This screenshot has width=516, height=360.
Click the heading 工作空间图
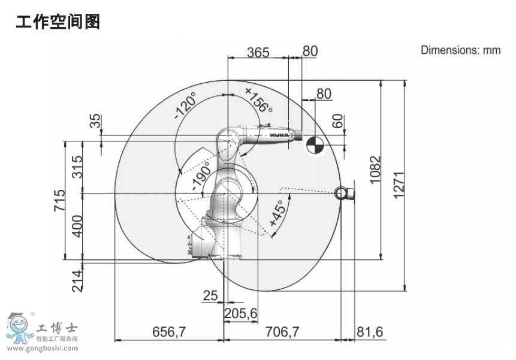click(58, 22)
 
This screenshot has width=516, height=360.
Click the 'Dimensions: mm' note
click(461, 50)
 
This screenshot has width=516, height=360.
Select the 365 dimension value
click(258, 52)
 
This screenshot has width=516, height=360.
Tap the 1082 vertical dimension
click(375, 170)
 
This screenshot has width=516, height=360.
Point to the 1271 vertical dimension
click(399, 184)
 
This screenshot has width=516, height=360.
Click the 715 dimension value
click(60, 200)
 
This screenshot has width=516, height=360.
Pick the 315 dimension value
click(77, 167)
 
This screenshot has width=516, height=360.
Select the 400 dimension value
click(77, 226)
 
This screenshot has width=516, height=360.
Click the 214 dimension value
click(77, 281)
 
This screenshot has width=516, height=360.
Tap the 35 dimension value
click(95, 120)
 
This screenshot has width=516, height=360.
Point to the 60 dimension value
click(337, 121)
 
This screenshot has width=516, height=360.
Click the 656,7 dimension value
click(169, 332)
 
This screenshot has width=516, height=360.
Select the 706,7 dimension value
click(283, 332)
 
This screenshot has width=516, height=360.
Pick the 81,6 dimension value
click(370, 332)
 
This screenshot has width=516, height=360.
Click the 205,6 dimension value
click(240, 313)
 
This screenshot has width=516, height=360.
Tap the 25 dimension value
click(210, 295)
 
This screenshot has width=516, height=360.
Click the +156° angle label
click(259, 99)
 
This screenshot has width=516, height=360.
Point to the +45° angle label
click(277, 213)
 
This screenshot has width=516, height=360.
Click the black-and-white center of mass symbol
click(314, 145)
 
